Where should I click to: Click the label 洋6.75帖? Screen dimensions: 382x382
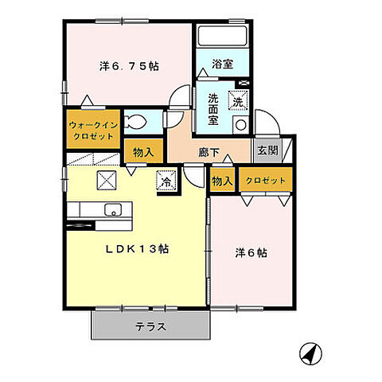coord(129,67)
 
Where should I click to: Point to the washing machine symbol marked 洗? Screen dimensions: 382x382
coord(238,101)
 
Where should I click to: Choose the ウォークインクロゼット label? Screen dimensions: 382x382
coord(92,130)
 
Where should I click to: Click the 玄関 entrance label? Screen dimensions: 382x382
coord(265,148)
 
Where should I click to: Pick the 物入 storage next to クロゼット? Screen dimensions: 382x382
coord(223,181)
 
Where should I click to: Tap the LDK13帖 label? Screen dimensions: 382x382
coord(138,248)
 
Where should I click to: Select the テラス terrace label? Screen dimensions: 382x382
coord(150,327)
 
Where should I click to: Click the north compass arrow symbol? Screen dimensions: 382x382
coord(309,350)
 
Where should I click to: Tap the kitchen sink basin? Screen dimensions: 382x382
coord(111,210)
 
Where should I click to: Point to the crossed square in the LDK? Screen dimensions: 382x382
coord(107,180)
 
